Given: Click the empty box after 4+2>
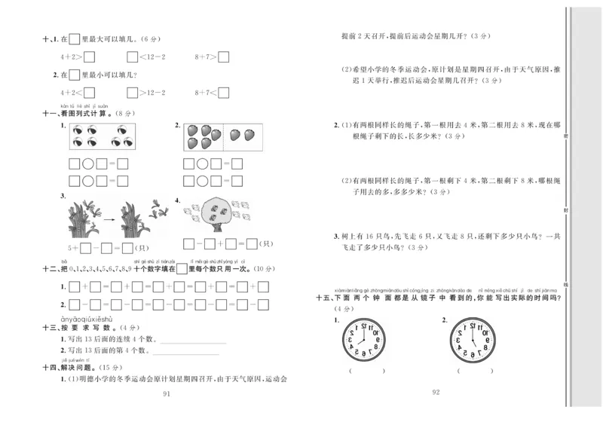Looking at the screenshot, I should pos(89,56).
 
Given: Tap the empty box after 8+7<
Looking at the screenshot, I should pos(223,93).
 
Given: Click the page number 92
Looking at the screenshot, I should pos(435,392).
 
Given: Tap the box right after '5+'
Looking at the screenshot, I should pos(85,246).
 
